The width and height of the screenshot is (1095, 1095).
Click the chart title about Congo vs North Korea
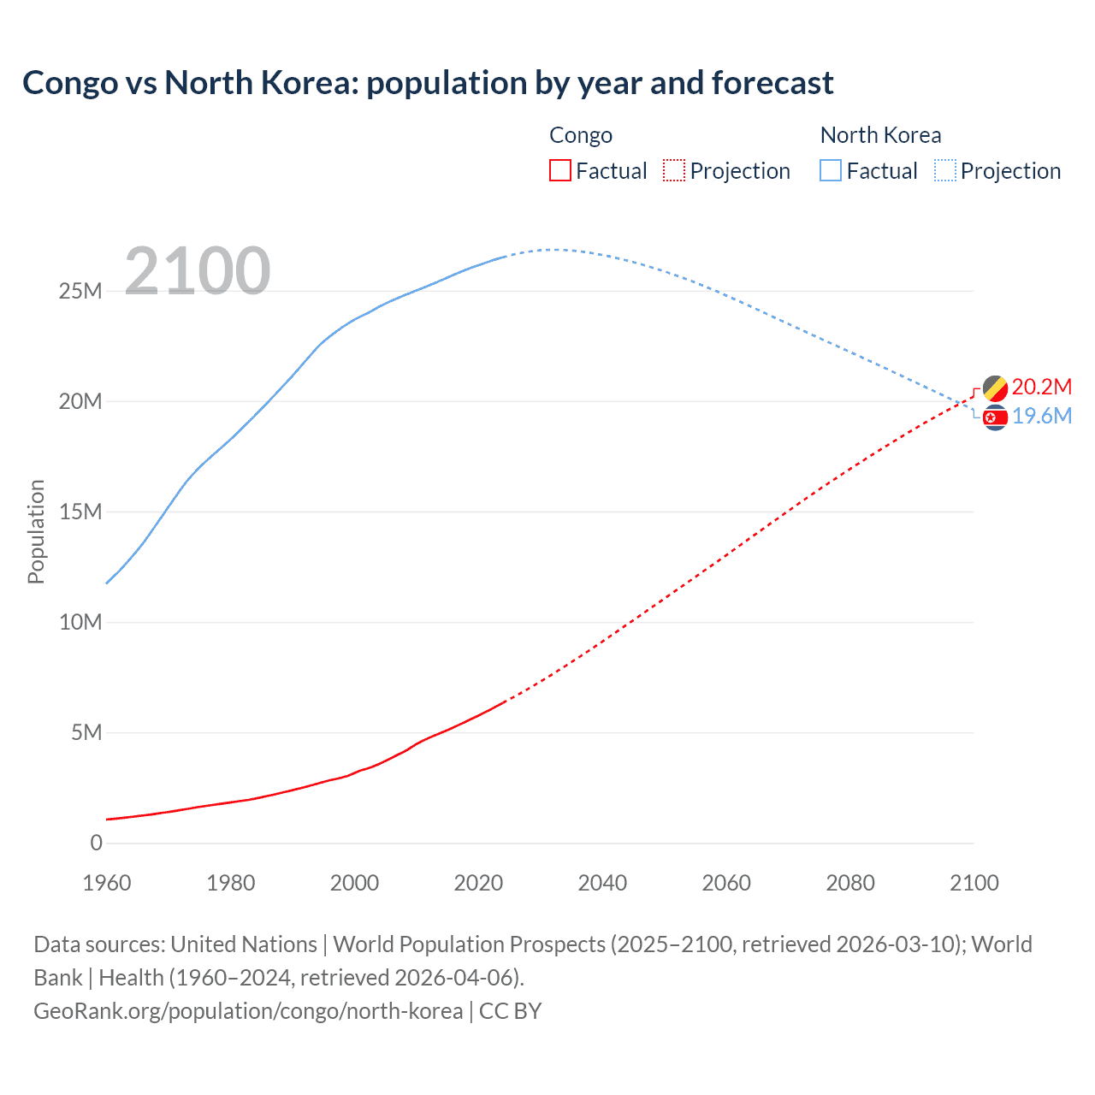point(428,83)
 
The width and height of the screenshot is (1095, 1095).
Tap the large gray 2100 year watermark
point(198,271)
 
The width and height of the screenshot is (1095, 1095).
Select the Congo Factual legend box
point(559,171)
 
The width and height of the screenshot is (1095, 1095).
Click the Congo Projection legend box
point(674,171)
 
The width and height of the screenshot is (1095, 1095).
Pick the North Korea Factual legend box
point(831,171)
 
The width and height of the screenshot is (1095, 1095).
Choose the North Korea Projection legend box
point(944,171)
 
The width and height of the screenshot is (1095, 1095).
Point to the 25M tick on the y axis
point(80,292)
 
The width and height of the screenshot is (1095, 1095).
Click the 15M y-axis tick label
point(80,512)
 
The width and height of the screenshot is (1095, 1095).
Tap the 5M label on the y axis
point(86,733)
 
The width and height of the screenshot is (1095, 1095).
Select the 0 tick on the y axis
point(96,843)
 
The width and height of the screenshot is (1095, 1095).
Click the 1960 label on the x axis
point(107,883)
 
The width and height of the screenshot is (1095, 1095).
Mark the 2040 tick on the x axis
point(602,883)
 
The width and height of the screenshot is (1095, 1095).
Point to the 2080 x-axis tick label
point(850,883)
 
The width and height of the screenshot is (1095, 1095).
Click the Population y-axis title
point(36,531)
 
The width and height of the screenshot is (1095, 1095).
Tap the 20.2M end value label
point(1041,388)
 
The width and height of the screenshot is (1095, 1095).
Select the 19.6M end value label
point(1042,417)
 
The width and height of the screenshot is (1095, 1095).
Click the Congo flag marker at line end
point(995,388)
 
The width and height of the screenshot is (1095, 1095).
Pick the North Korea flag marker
point(995,417)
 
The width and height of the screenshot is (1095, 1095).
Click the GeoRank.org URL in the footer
point(248,1011)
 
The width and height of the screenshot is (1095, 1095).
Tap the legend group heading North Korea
point(880,135)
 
